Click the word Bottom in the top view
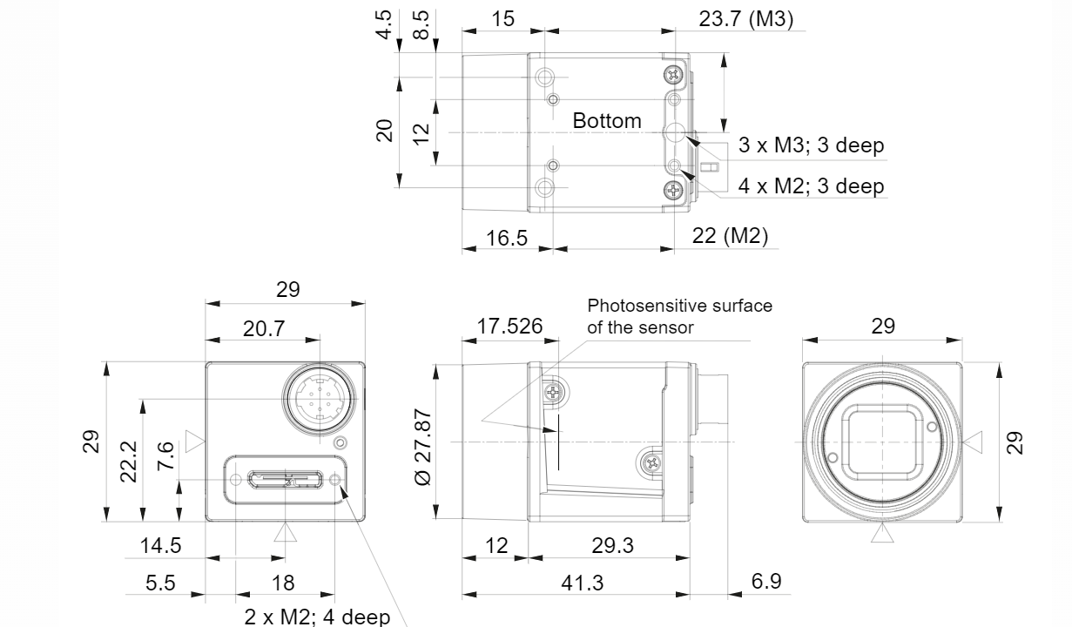[607, 121]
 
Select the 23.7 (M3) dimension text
[746, 19]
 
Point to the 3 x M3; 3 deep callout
[811, 145]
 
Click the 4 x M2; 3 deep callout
[811, 185]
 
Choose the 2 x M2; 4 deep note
[317, 617]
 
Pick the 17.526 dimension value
[509, 327]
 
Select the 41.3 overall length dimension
[583, 582]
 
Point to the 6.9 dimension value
[765, 581]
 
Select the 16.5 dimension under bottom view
[507, 237]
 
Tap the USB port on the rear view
[285, 479]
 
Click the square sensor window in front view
[882, 442]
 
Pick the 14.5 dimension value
[161, 546]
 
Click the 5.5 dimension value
[159, 582]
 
